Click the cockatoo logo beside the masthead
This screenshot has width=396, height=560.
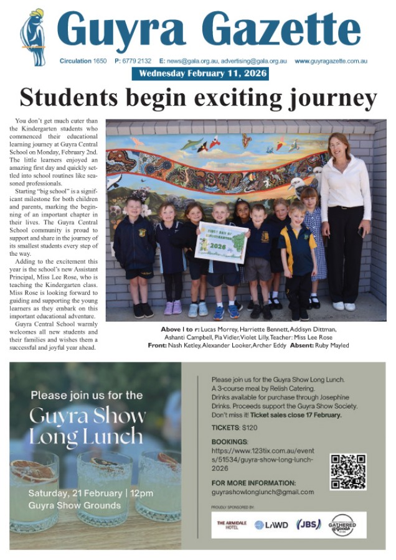click(x=32, y=38)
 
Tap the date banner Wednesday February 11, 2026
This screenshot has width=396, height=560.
click(x=200, y=73)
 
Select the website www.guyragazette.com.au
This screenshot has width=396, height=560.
click(x=331, y=61)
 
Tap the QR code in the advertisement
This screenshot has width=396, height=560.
click(x=347, y=472)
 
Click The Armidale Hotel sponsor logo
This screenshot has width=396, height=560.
click(x=231, y=525)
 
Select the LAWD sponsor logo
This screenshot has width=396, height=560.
click(x=271, y=525)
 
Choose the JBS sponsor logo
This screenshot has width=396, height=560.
click(x=309, y=525)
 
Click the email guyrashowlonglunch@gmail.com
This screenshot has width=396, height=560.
click(x=262, y=492)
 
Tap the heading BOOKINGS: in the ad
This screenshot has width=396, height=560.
click(x=230, y=441)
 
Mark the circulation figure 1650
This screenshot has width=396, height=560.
click(x=100, y=61)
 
